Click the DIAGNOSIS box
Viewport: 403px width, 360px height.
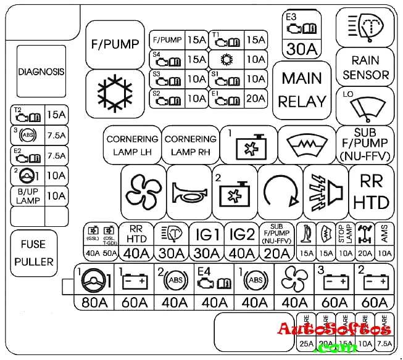[41, 72]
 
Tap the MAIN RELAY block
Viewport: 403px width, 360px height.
[302, 89]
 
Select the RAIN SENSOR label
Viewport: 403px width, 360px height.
[365, 68]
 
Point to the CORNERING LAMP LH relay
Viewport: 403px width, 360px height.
[133, 145]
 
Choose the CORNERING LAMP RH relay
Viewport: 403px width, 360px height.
[191, 145]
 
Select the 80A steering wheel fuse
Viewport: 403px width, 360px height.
[97, 287]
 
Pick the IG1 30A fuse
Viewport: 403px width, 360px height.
[208, 241]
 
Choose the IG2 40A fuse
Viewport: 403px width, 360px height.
[242, 241]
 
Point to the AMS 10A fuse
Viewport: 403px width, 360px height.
[384, 241]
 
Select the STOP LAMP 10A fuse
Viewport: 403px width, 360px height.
[345, 241]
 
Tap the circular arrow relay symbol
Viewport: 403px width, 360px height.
[281, 186]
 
